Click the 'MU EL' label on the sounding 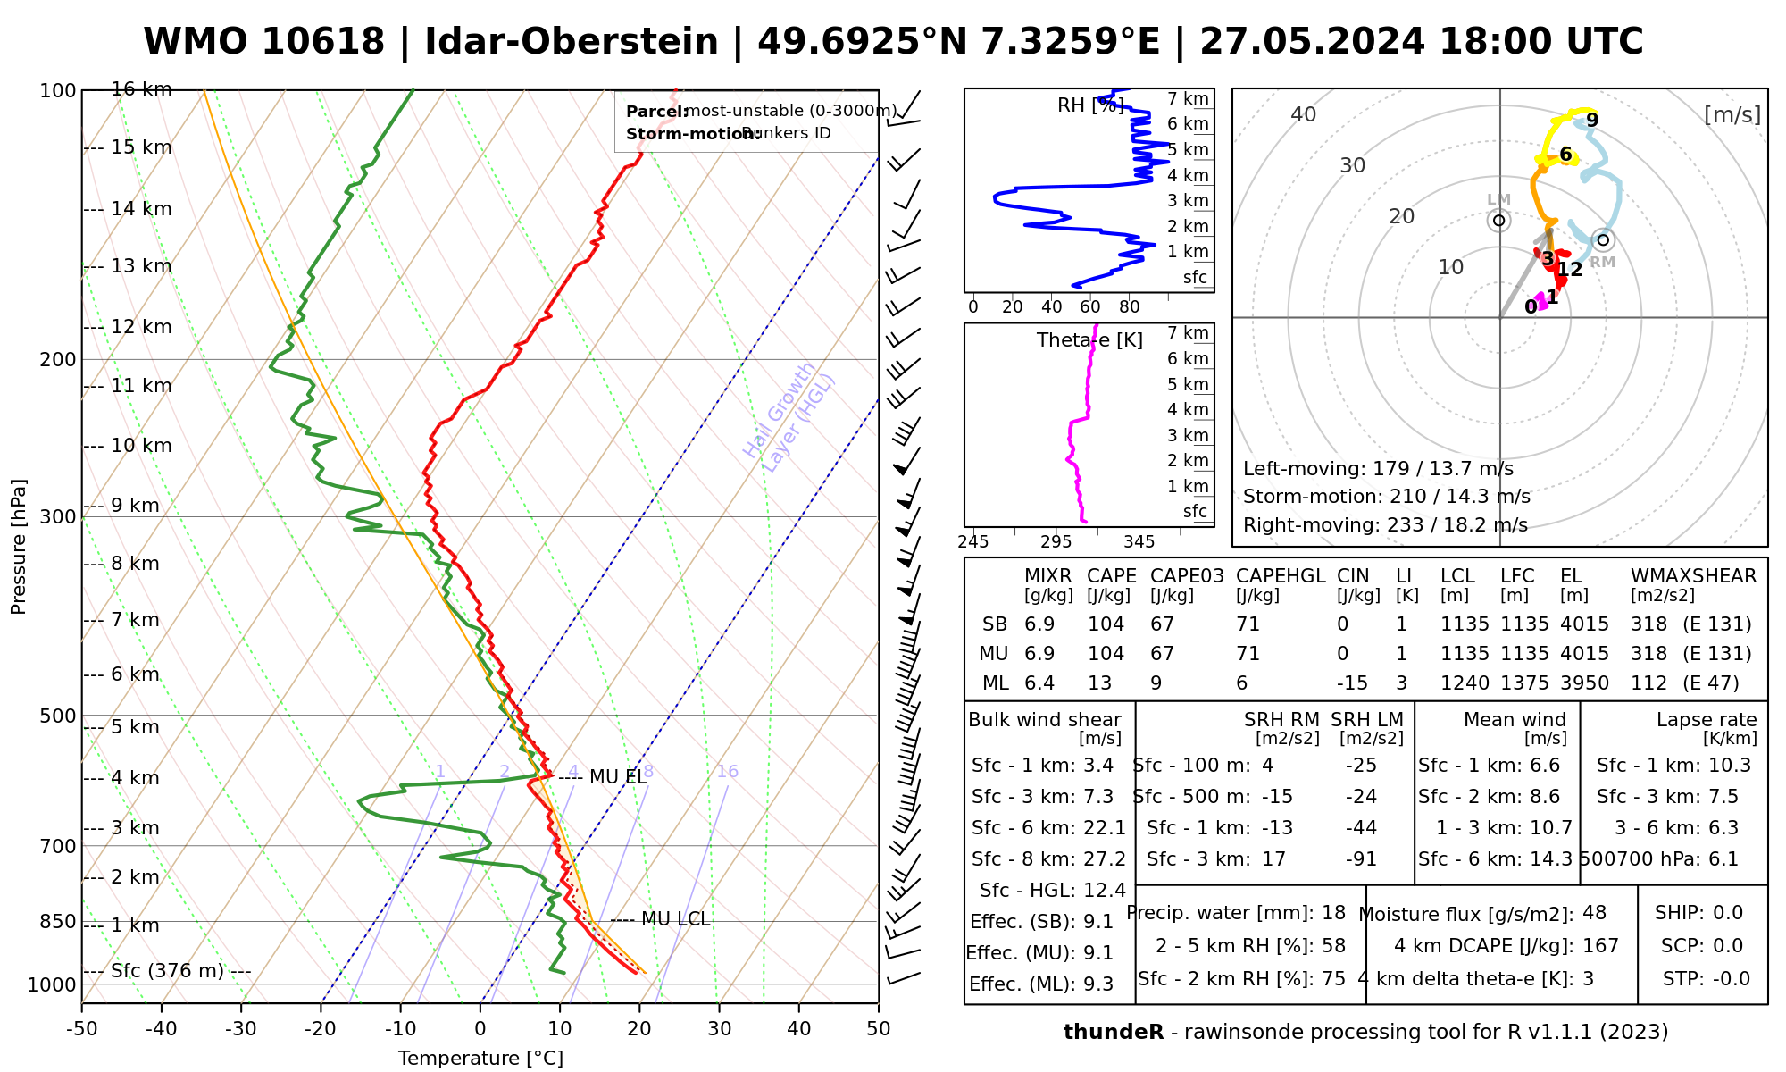point(618,777)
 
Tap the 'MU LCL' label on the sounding point(675,919)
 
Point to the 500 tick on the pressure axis point(59,716)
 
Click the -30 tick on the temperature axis point(241,1029)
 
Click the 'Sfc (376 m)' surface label point(167,971)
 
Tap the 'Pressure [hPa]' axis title point(19,547)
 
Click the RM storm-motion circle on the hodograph point(1603,239)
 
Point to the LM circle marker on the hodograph point(1498,221)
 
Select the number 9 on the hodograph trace point(1592,121)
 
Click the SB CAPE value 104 point(1106,624)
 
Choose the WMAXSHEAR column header point(1693,576)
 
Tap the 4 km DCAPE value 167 point(1601,946)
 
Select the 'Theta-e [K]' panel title point(1089,340)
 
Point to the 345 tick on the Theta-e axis point(1139,542)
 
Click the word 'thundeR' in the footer point(1113,1033)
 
